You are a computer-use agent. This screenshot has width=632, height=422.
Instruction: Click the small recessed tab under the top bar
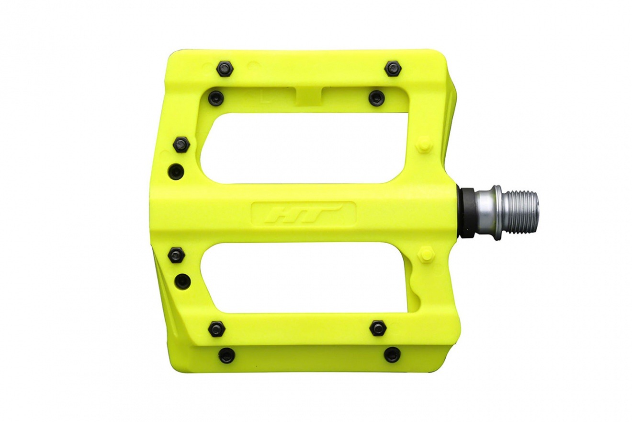pyautogui.click(x=309, y=95)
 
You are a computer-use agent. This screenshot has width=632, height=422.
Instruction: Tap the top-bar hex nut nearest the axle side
pyautogui.click(x=394, y=67)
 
